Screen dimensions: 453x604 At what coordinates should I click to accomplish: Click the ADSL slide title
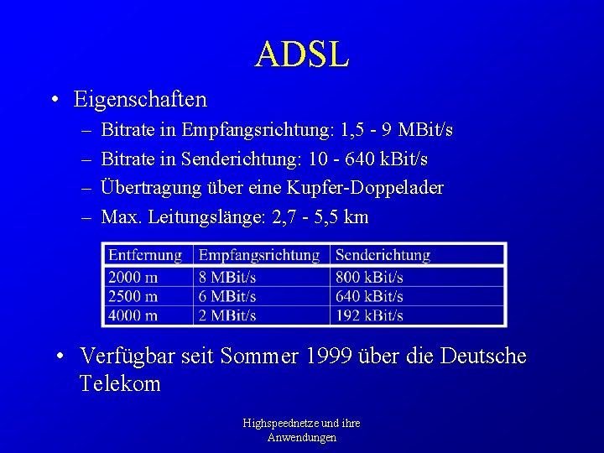(x=302, y=55)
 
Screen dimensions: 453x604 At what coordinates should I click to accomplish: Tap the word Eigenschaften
(x=140, y=100)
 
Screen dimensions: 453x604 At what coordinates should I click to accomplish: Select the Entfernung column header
(x=145, y=255)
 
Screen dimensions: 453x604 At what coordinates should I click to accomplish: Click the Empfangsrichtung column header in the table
(x=259, y=255)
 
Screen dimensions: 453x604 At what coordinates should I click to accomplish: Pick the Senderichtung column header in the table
(x=382, y=255)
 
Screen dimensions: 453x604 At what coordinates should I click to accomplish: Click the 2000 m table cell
(x=133, y=277)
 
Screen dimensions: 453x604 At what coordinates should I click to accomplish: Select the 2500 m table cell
(x=133, y=296)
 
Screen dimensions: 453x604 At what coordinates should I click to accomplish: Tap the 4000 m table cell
(x=133, y=315)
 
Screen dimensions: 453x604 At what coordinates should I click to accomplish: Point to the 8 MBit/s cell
(x=227, y=277)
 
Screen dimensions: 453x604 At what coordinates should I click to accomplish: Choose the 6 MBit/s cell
(x=227, y=296)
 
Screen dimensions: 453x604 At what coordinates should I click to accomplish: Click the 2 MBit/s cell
(x=227, y=315)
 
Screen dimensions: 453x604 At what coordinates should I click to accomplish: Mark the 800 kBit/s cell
(x=369, y=277)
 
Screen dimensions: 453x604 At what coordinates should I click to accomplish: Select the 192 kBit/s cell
(x=369, y=315)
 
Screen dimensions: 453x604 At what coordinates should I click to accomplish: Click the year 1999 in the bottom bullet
(x=330, y=357)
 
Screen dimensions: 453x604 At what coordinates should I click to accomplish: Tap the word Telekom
(x=120, y=384)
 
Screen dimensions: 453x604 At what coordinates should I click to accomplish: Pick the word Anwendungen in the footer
(x=302, y=437)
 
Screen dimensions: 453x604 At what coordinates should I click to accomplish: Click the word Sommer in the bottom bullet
(x=260, y=357)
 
